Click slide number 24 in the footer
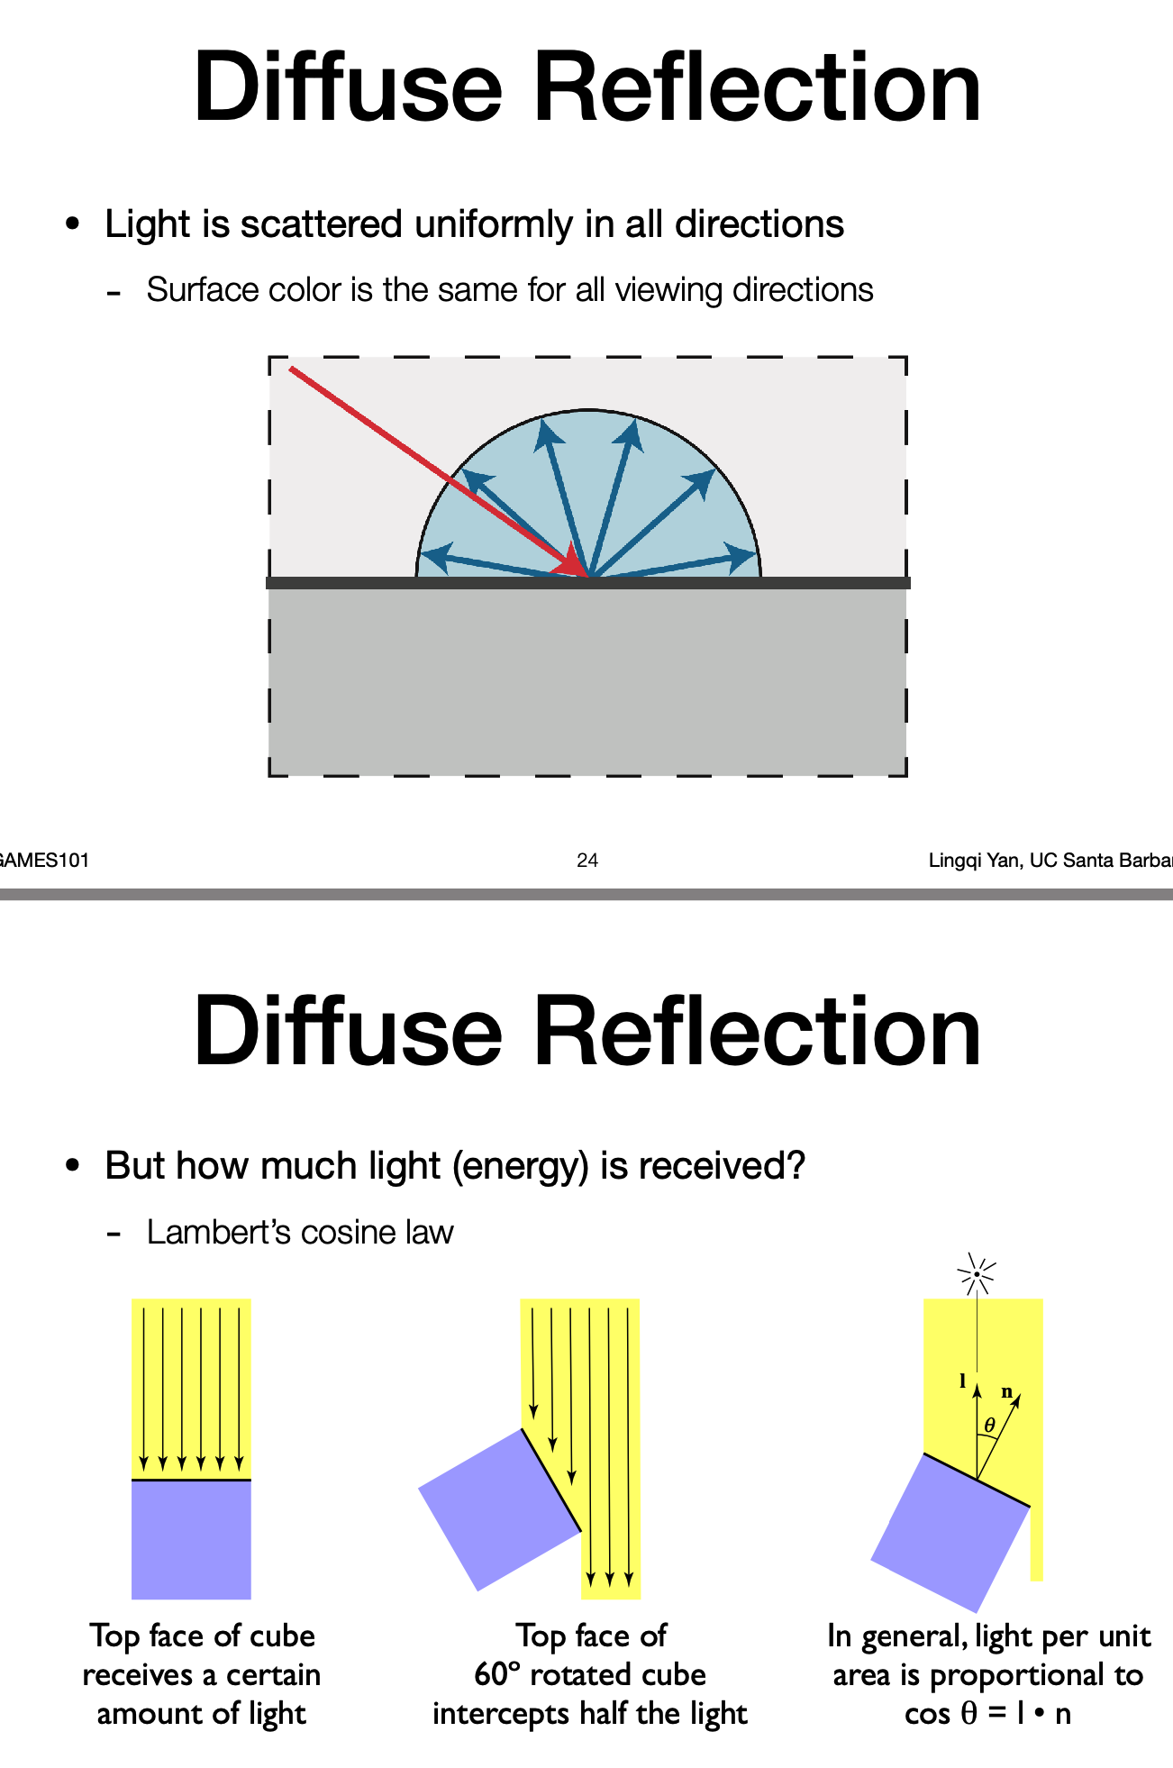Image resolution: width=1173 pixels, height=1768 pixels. click(x=587, y=861)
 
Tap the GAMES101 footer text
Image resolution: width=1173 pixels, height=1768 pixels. click(x=43, y=861)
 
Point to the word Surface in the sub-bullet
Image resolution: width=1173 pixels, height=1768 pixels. click(x=192, y=290)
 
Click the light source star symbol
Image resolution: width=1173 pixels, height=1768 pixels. click(x=977, y=1274)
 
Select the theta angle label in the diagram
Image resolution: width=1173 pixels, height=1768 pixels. click(x=989, y=1426)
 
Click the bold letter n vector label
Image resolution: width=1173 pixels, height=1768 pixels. click(x=1007, y=1392)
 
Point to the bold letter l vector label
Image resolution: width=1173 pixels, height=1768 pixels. click(x=962, y=1380)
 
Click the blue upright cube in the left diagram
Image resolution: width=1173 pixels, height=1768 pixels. click(x=191, y=1539)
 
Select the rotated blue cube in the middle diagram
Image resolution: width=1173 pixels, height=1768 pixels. click(x=498, y=1509)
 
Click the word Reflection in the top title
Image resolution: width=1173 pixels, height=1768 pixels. click(x=758, y=88)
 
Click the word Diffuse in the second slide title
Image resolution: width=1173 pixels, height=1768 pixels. click(x=348, y=1031)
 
